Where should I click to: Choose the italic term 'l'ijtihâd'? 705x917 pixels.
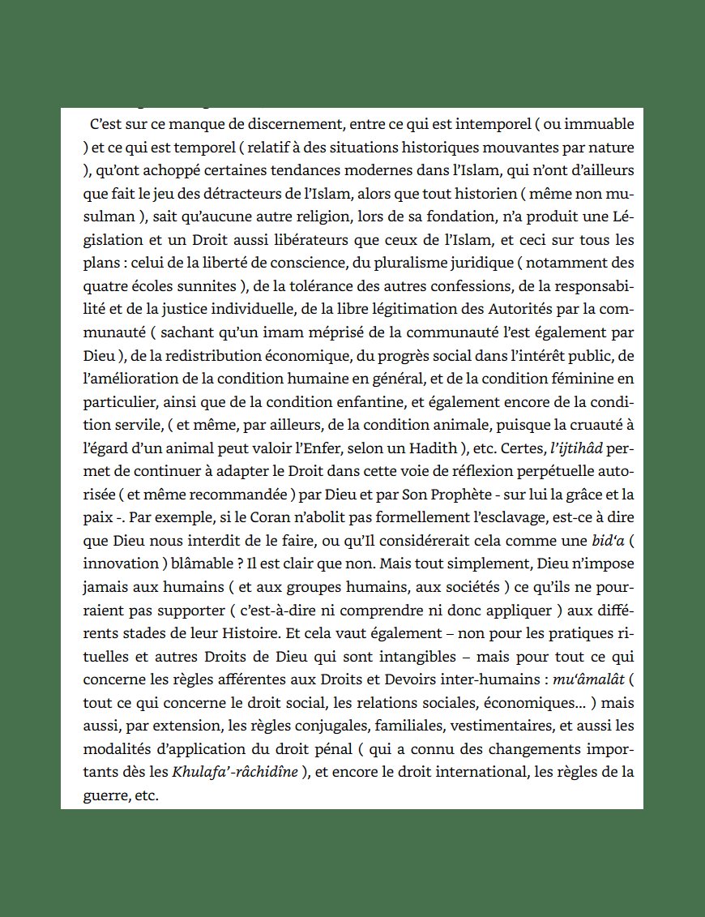[x=576, y=448]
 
